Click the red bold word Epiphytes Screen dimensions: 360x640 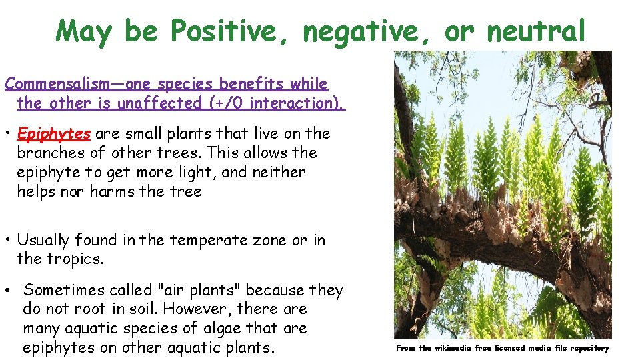pyautogui.click(x=54, y=133)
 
